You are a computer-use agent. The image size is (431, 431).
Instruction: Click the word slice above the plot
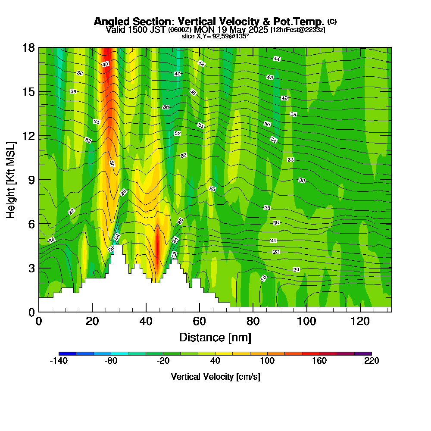click(x=188, y=36)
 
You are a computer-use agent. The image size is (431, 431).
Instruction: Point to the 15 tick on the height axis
click(x=29, y=92)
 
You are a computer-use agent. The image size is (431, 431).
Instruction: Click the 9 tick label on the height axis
click(x=31, y=180)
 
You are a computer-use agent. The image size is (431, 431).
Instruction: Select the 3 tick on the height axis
click(x=31, y=268)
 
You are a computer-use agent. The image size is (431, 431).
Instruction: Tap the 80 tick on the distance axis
click(x=253, y=321)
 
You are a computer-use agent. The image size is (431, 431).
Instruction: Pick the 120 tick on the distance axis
click(x=359, y=321)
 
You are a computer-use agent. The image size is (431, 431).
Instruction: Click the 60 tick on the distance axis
click(x=199, y=321)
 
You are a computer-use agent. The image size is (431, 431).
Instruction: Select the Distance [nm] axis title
click(x=215, y=337)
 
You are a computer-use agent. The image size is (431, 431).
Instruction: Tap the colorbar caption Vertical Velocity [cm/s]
click(x=215, y=377)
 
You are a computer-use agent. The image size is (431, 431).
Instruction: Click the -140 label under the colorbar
click(x=59, y=361)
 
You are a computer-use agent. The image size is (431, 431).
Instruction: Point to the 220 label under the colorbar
click(x=371, y=361)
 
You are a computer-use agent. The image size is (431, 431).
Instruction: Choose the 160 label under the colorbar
click(x=319, y=361)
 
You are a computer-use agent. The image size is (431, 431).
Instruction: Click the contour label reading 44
click(x=277, y=59)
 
